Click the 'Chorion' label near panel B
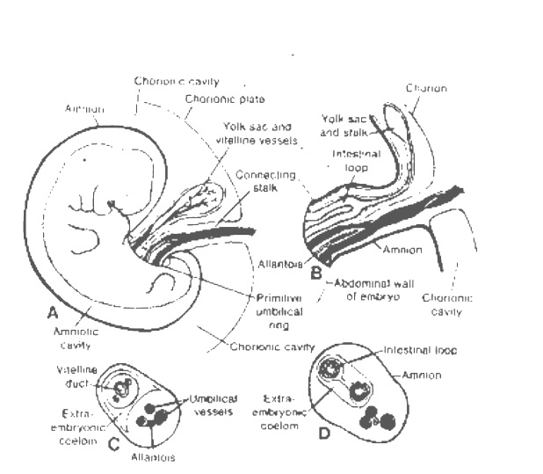427,89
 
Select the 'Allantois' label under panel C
156,458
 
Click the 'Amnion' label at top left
85,109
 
